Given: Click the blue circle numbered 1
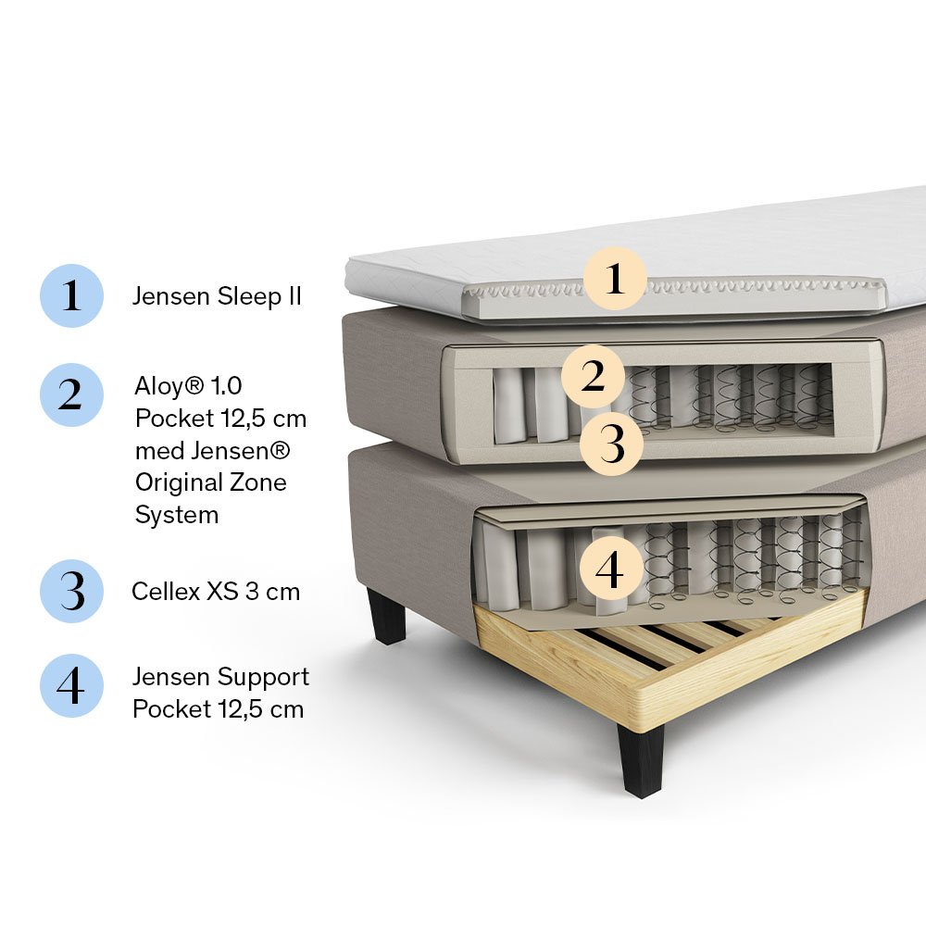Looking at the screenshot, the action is (71, 295).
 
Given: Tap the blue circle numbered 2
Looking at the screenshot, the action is (71, 394).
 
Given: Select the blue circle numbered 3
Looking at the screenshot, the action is (71, 591).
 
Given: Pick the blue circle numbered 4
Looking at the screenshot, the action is (71, 685).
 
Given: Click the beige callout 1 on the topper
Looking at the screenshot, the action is (615, 278).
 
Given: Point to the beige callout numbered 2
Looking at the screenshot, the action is (593, 376).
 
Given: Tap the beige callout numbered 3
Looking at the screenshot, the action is (611, 444).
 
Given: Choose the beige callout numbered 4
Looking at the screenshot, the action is (610, 569).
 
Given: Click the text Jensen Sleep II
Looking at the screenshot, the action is (217, 296).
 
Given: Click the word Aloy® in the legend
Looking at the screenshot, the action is (169, 385).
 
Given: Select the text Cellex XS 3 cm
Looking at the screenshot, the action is (216, 591).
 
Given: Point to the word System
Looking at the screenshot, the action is (177, 515).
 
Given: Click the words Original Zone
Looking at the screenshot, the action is (211, 482).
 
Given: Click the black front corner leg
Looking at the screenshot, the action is (640, 760).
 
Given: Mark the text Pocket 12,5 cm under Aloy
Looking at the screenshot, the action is (221, 419).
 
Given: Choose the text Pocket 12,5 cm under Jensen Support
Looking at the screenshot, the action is (218, 709).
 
